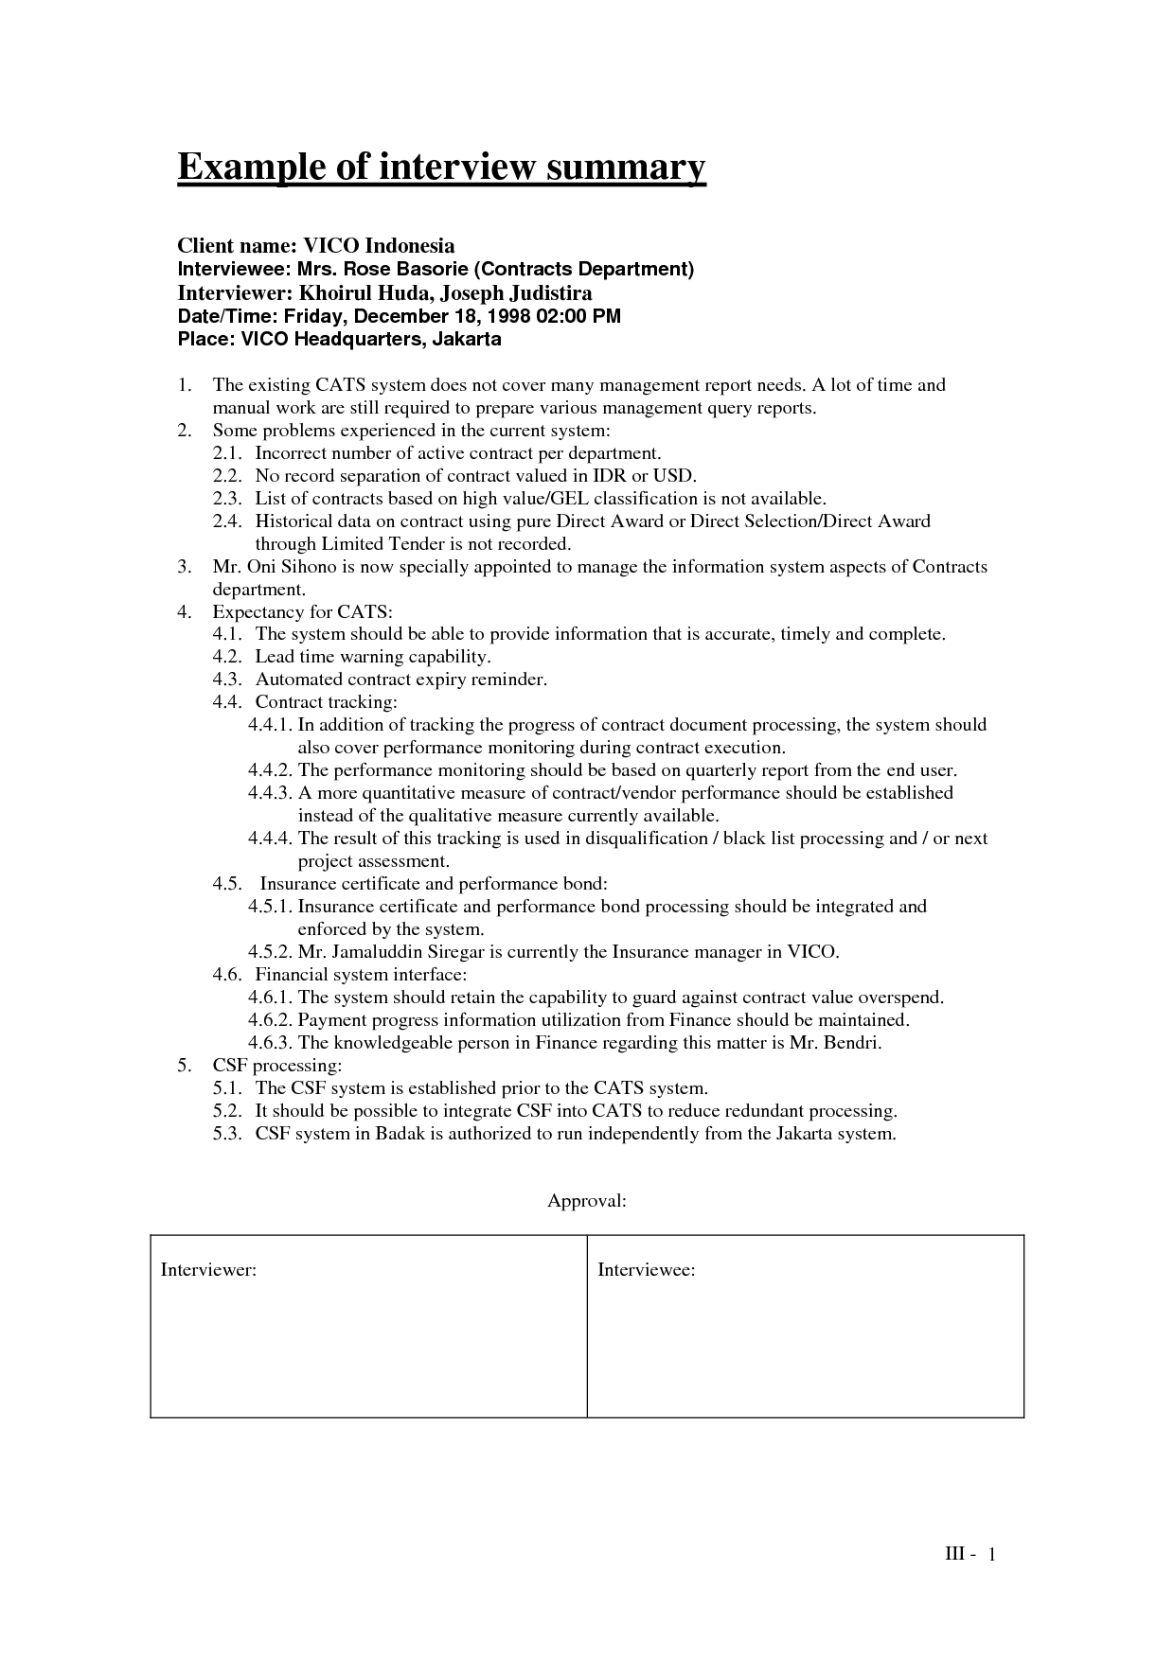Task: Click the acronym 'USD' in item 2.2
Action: [x=673, y=476]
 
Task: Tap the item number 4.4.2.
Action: [x=271, y=770]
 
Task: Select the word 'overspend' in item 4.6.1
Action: [x=906, y=998]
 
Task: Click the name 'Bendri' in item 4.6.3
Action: [x=853, y=1043]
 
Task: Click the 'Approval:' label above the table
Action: [x=587, y=1202]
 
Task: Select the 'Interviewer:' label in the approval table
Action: [x=208, y=1270]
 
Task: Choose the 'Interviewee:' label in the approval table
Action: [x=647, y=1270]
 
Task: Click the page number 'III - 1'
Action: [x=971, y=1555]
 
